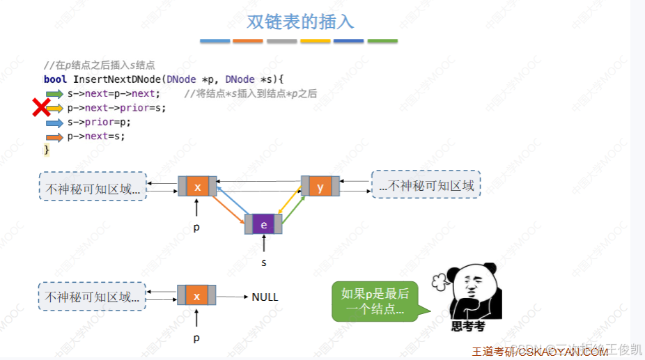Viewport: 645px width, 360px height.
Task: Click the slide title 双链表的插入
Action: (300, 22)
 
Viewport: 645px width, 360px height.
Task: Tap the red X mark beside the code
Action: (41, 107)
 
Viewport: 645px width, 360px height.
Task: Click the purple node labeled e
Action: (264, 224)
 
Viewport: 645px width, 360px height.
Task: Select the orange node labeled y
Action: (320, 187)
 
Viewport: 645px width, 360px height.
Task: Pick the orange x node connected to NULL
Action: (196, 296)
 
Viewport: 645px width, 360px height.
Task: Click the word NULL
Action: (265, 297)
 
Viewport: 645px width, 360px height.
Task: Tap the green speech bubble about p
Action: (375, 301)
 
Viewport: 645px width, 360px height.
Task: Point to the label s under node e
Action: (264, 263)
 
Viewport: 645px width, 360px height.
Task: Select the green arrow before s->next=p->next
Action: (54, 94)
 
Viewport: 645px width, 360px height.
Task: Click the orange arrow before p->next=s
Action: (54, 136)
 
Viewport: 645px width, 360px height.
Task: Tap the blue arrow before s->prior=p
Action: (54, 123)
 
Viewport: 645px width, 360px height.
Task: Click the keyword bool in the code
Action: (55, 79)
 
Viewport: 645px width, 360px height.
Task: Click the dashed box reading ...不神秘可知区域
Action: (426, 185)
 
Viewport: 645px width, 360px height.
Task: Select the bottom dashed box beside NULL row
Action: (93, 297)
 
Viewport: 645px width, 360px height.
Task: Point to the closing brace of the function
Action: (47, 150)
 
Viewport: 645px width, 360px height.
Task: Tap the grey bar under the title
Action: (281, 41)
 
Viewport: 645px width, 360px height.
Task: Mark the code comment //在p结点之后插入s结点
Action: (100, 65)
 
